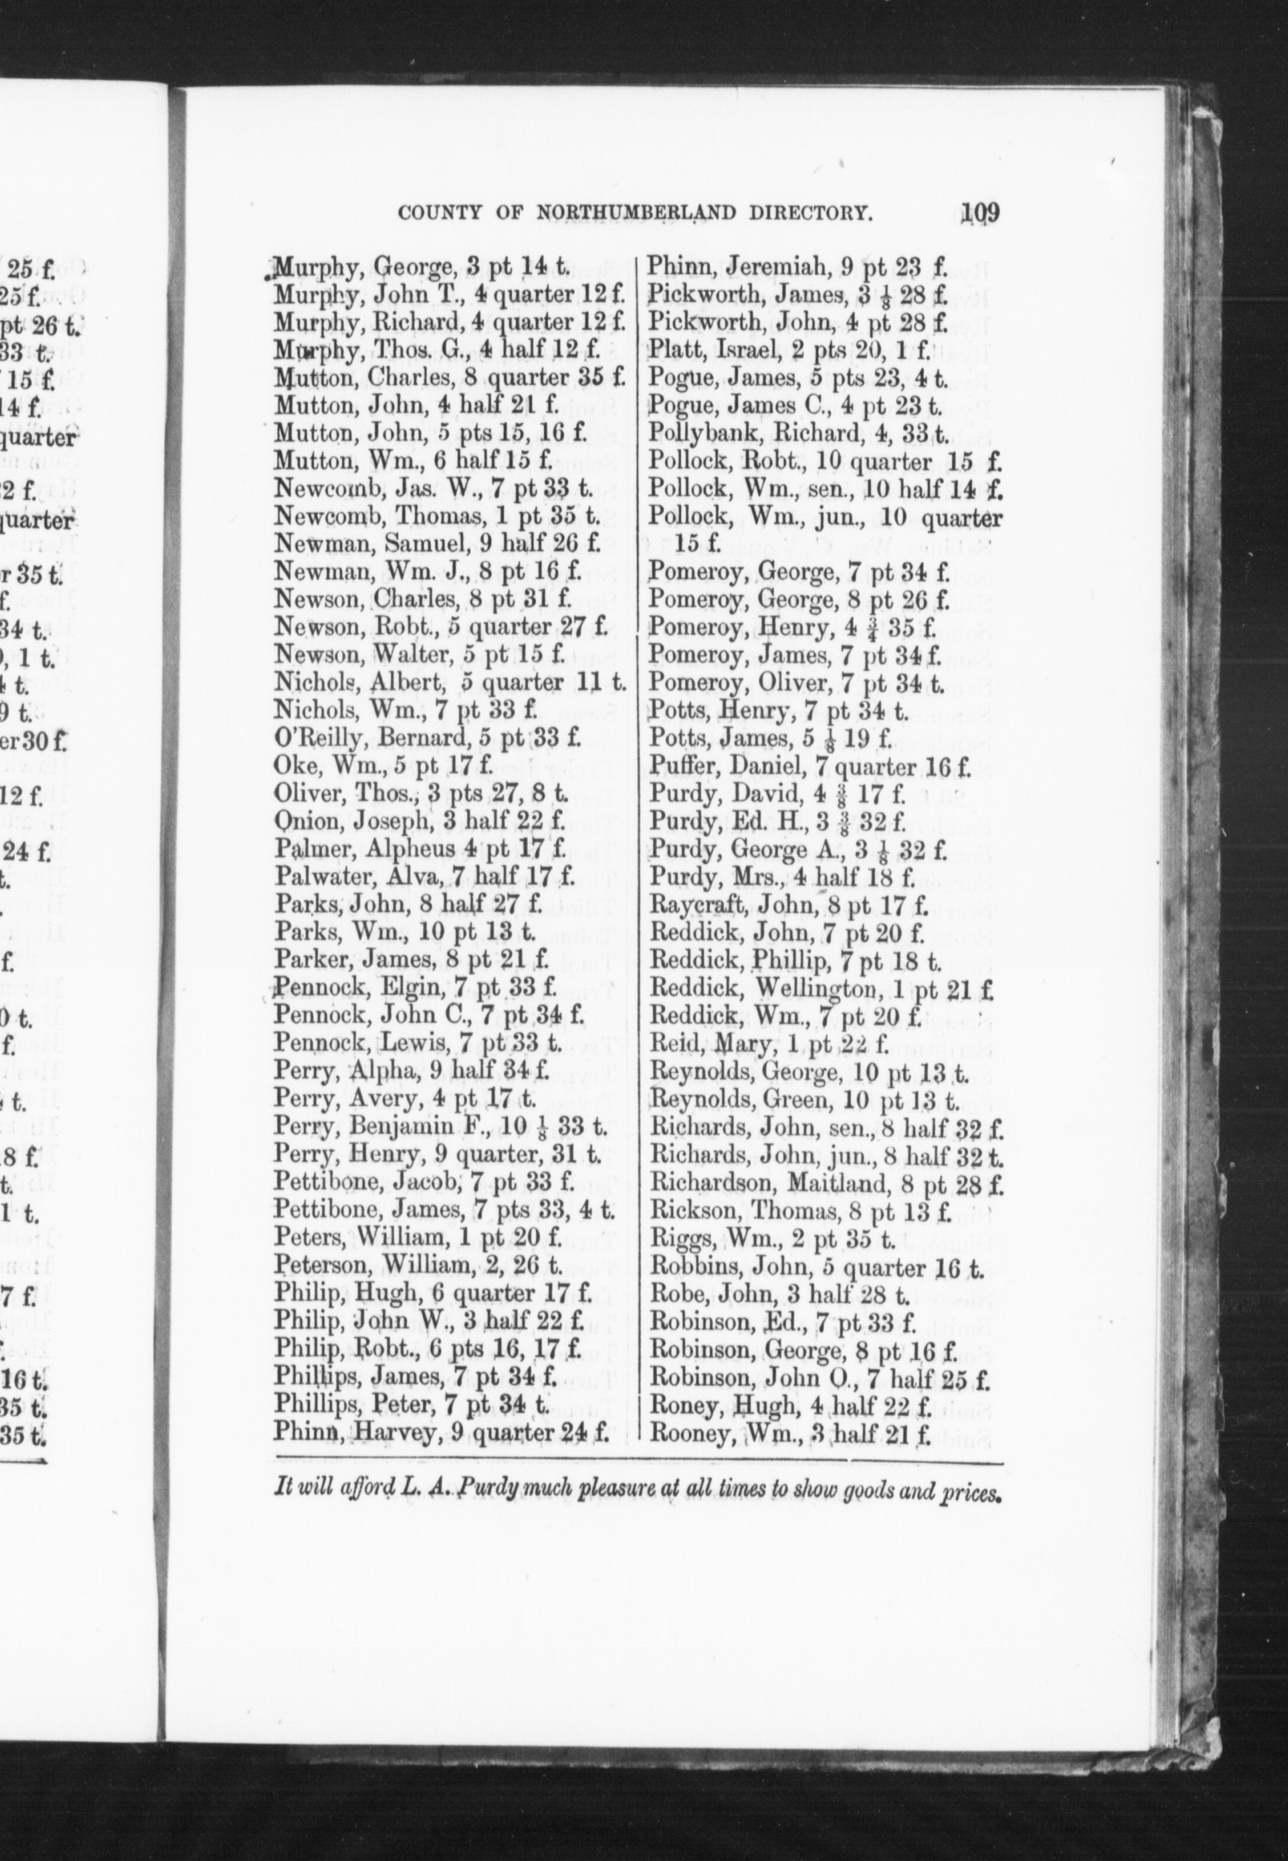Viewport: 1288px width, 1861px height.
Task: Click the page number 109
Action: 975,214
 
